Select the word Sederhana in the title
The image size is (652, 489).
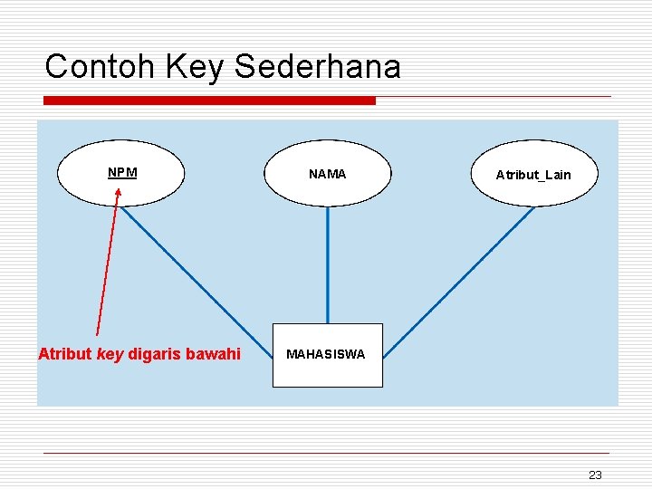(x=317, y=66)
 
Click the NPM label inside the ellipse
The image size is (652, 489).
(x=122, y=172)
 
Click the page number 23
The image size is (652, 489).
(x=595, y=475)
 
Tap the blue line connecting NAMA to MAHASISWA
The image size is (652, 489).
(x=328, y=263)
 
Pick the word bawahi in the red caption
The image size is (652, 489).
(x=213, y=354)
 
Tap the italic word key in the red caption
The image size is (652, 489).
(x=110, y=354)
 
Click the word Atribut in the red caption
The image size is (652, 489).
(x=65, y=354)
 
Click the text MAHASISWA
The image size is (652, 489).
(x=326, y=355)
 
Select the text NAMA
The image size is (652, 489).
(x=327, y=174)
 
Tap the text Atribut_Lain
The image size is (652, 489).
(x=533, y=175)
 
